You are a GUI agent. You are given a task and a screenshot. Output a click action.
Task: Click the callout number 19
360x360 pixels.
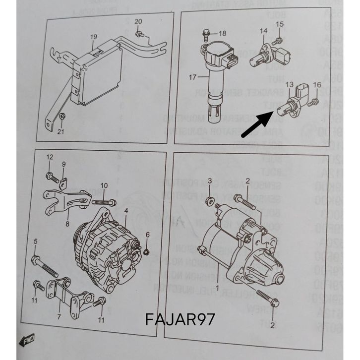click(93, 37)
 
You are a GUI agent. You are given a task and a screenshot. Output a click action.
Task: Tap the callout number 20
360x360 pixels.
click(138, 21)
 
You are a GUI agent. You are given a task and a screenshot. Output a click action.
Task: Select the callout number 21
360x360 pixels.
click(60, 131)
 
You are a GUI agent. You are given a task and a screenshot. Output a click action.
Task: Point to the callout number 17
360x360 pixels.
click(192, 77)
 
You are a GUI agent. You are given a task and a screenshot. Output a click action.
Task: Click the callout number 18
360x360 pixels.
click(222, 33)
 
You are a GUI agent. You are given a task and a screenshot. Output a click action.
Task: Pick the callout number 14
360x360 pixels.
click(263, 31)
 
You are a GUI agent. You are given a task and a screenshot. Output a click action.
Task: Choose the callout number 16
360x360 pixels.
click(317, 84)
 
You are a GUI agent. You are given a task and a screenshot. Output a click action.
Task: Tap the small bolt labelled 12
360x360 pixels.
click(51, 176)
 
